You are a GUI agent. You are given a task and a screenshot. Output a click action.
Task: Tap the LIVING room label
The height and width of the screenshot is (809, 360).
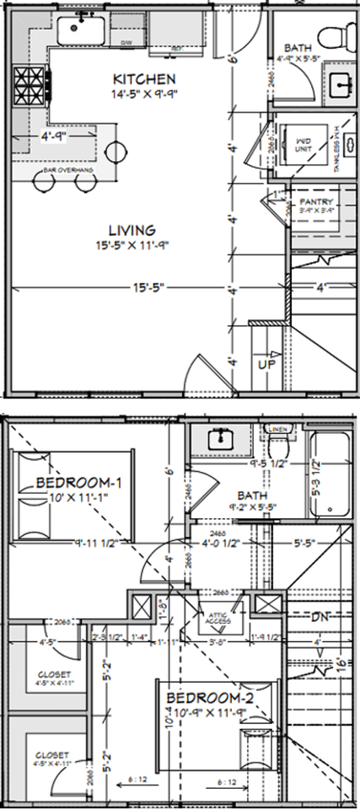pos(131,229)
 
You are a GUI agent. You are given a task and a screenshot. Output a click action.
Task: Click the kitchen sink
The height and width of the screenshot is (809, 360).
pos(82,29)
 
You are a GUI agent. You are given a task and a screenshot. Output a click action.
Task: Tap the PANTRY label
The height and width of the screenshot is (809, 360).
pos(316,202)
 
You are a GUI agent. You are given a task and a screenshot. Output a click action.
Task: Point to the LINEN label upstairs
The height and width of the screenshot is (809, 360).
pos(278,429)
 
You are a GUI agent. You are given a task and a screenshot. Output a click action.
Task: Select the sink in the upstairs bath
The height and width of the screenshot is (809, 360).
pos(221,438)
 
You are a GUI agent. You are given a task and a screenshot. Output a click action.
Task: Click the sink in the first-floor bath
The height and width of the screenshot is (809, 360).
pos(341,83)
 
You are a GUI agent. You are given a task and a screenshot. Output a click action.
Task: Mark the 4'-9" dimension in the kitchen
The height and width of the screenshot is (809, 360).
pos(52,134)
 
